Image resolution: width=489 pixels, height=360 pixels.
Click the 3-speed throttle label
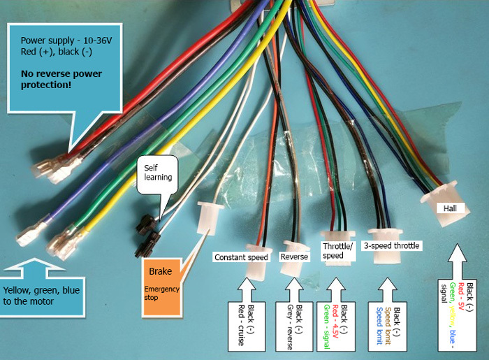pyautogui.click(x=391, y=245)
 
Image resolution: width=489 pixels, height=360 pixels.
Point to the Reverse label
pyautogui.click(x=294, y=257)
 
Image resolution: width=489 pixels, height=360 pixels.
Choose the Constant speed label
pyautogui.click(x=241, y=257)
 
